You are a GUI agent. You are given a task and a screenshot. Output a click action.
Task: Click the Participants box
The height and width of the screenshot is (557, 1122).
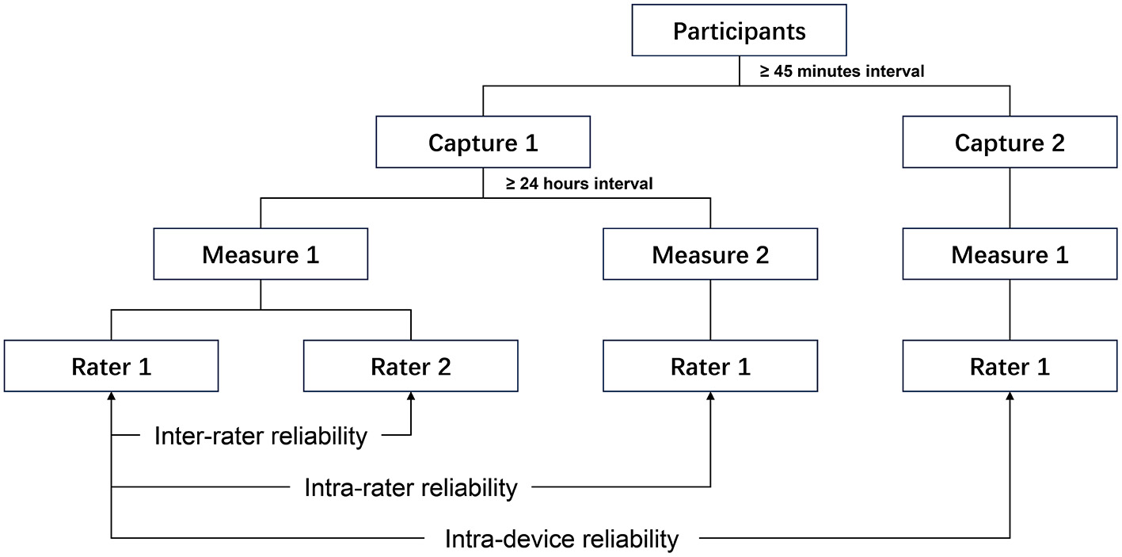coord(739,31)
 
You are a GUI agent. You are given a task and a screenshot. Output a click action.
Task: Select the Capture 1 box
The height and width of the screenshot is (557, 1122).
coord(483,143)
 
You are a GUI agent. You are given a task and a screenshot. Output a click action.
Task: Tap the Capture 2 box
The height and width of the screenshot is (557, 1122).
coord(1010,143)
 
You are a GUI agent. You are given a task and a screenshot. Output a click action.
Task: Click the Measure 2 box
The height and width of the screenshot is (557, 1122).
coord(709,254)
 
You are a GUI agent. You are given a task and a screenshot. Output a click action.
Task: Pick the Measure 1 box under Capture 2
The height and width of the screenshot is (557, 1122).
coord(1010,254)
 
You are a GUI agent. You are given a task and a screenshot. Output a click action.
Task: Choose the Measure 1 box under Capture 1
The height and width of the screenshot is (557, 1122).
coord(261,254)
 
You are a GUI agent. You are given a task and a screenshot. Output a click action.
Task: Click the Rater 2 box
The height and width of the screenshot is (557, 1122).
coord(410,367)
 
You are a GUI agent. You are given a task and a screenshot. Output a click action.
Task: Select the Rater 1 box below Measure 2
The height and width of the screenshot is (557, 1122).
coord(709,367)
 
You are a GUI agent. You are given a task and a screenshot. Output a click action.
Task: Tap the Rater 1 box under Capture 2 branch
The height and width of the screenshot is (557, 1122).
coord(1010,367)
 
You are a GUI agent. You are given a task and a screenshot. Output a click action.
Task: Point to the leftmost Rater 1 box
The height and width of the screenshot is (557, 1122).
coord(111,367)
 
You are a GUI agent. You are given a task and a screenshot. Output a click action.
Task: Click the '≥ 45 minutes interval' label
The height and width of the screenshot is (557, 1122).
coord(842,71)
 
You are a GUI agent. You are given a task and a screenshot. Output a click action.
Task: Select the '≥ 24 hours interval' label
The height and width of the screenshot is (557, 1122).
coord(580,184)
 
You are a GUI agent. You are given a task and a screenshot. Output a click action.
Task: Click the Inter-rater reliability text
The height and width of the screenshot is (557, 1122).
coord(261,436)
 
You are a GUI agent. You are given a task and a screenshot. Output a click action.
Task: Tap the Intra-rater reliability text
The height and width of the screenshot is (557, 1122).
coord(410,487)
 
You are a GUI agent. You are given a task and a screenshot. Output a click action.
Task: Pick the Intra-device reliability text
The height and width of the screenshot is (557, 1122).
coord(561,540)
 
